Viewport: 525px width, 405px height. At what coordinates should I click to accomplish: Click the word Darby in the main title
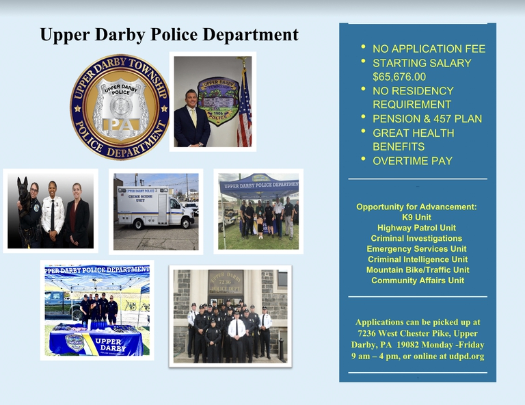[x=120, y=35]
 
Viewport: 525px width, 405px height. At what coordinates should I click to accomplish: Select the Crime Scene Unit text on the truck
[x=140, y=198]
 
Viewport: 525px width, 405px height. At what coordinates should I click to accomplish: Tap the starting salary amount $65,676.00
[x=399, y=77]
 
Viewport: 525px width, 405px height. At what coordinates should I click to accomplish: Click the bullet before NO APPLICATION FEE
[x=363, y=47]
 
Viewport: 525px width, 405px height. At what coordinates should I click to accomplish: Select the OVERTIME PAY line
[x=412, y=161]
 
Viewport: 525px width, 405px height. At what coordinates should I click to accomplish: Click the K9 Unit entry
[x=416, y=218]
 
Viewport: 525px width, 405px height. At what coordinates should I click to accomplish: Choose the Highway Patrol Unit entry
[x=416, y=228]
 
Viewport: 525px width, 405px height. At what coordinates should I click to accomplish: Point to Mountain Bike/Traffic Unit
[x=418, y=270]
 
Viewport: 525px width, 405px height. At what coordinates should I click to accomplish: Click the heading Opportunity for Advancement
[x=416, y=207]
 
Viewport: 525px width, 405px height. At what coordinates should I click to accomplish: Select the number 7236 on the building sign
[x=225, y=282]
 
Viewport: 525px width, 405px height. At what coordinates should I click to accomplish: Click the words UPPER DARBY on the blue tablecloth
[x=111, y=345]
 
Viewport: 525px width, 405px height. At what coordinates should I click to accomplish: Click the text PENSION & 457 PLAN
[x=427, y=119]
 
